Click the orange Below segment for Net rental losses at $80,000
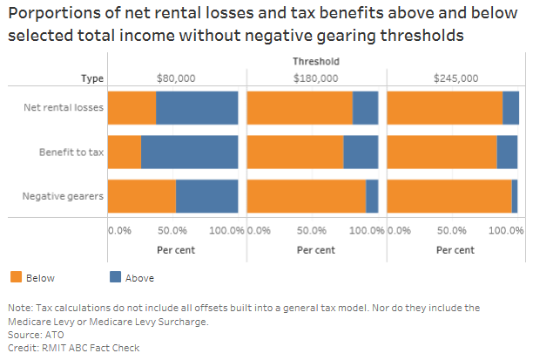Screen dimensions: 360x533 click(132, 108)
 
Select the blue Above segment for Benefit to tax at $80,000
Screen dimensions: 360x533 click(189, 152)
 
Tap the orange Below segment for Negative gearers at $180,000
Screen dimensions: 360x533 click(306, 195)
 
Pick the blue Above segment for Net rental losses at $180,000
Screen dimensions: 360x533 click(365, 108)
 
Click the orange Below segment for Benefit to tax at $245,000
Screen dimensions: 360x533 click(442, 152)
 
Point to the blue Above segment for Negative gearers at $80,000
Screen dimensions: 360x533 click(206, 195)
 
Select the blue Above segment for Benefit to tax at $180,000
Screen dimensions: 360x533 click(361, 152)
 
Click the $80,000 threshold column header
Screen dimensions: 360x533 click(172, 78)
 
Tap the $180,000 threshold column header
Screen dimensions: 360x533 click(314, 78)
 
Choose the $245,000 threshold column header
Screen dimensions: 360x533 click(455, 78)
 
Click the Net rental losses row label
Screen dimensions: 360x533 click(64, 108)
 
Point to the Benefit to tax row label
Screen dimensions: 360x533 click(71, 152)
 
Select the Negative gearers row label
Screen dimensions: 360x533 click(63, 195)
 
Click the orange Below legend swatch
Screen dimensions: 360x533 click(16, 277)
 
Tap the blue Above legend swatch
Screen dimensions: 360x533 click(116, 277)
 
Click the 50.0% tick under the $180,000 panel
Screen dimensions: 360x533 click(312, 231)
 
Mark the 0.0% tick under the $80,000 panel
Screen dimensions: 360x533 click(119, 231)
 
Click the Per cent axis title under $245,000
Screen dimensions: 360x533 click(455, 249)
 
